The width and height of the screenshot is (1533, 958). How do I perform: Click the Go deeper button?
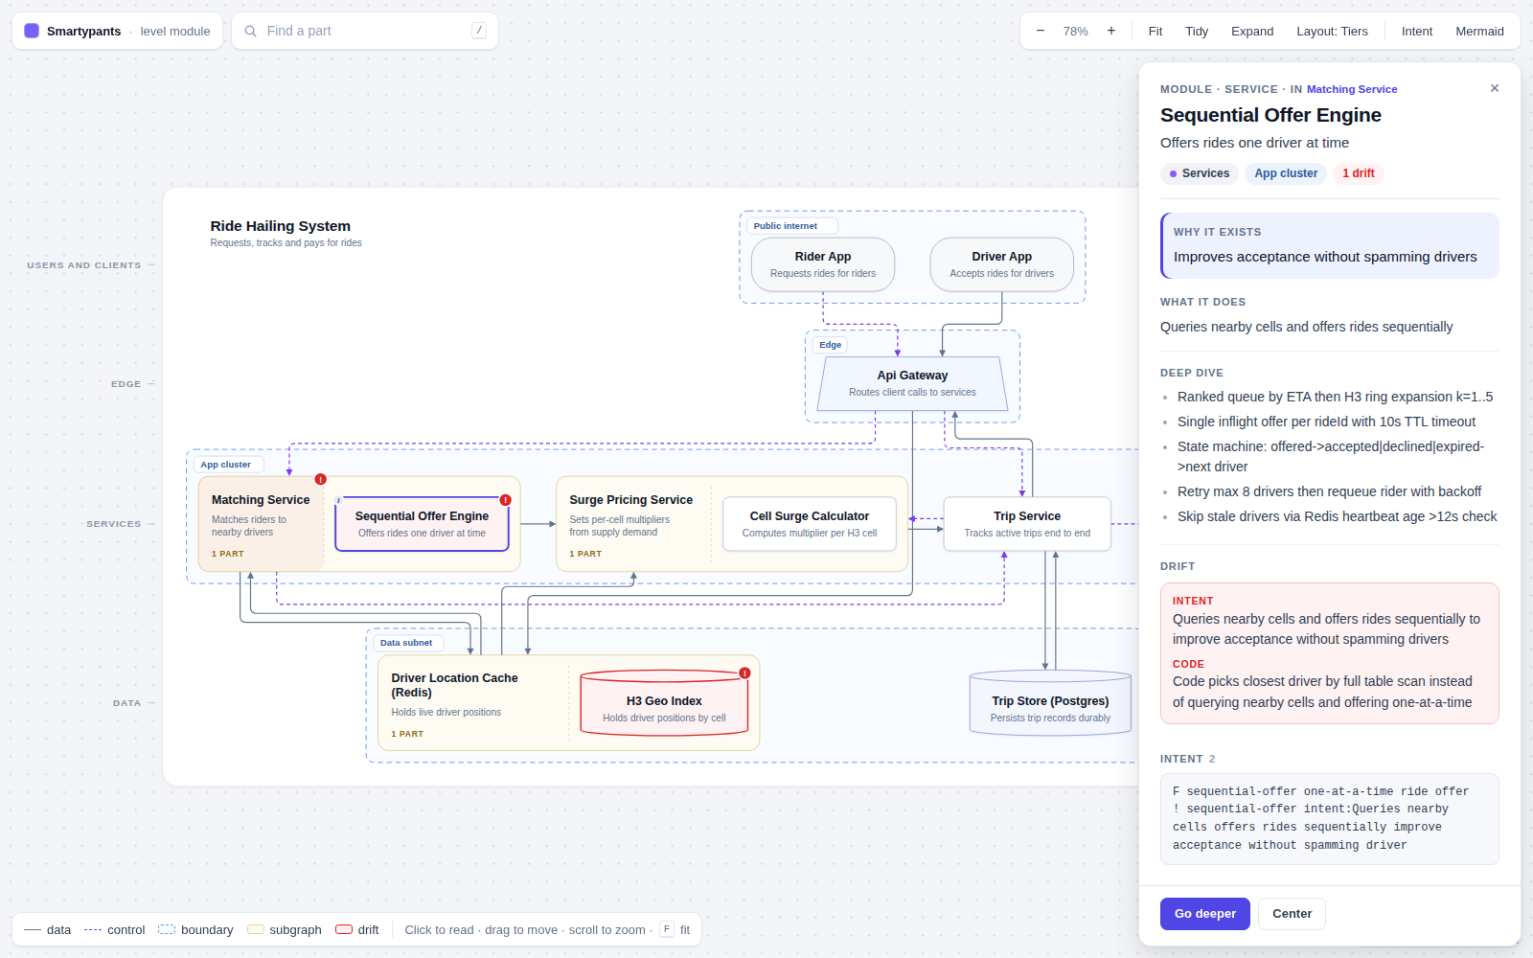pyautogui.click(x=1204, y=914)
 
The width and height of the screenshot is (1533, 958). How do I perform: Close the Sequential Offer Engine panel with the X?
pyautogui.click(x=1495, y=88)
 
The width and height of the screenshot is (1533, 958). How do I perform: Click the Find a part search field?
pyautogui.click(x=365, y=31)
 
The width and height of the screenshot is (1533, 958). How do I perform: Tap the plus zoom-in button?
pyautogui.click(x=1110, y=31)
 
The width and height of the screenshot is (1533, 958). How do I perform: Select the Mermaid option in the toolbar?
pyautogui.click(x=1479, y=31)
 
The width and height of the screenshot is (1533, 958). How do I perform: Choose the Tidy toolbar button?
pyautogui.click(x=1197, y=31)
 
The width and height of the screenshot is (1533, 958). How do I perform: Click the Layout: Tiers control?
pyautogui.click(x=1332, y=31)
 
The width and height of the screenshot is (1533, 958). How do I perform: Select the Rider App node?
pyautogui.click(x=823, y=264)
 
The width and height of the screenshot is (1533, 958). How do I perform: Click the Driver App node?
pyautogui.click(x=1001, y=264)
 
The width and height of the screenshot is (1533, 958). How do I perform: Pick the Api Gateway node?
pyautogui.click(x=912, y=383)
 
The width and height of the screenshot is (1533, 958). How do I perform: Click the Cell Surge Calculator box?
pyautogui.click(x=809, y=523)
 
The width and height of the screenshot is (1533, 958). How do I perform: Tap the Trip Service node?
pyautogui.click(x=1026, y=523)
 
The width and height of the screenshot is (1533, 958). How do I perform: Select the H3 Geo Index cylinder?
pyautogui.click(x=664, y=703)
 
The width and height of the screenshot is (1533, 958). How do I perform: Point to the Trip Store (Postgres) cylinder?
pyautogui.click(x=1050, y=703)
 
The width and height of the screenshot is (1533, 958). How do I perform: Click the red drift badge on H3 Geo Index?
pyautogui.click(x=744, y=673)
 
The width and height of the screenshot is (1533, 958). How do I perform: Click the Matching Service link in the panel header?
pyautogui.click(x=1352, y=89)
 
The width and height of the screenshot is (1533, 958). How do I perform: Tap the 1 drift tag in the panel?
pyautogui.click(x=1358, y=173)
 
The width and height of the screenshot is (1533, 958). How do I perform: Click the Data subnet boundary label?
pyautogui.click(x=406, y=643)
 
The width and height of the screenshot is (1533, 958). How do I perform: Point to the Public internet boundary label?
pyautogui.click(x=785, y=226)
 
